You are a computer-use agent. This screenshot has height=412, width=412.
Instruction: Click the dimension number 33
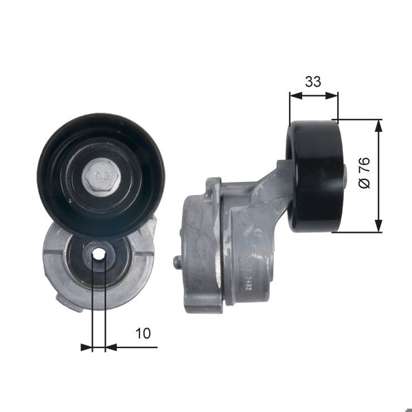(x=313, y=82)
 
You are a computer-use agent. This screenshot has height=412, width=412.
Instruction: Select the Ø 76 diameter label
(x=365, y=174)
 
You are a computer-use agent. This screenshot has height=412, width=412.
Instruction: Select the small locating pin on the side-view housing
(x=178, y=262)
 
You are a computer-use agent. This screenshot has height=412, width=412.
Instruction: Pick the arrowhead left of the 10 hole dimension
(x=87, y=347)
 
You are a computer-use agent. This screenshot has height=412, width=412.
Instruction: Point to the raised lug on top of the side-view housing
(x=214, y=183)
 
